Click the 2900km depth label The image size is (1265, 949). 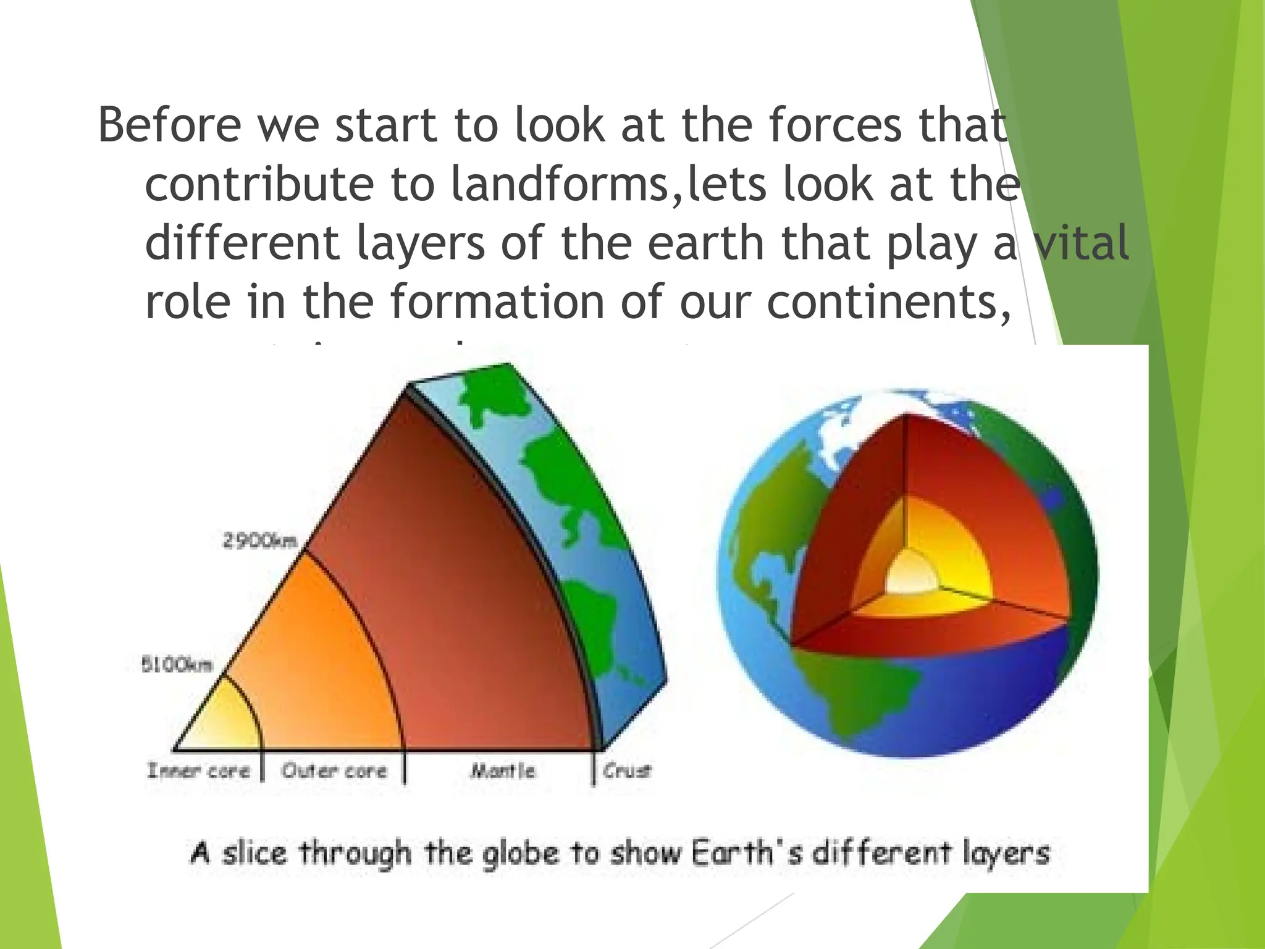(259, 541)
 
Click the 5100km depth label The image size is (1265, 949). (177, 665)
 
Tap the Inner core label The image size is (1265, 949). (198, 770)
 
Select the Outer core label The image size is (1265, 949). (334, 770)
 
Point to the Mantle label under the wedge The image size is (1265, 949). (502, 770)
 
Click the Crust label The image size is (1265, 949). (627, 770)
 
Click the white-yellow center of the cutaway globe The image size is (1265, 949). (911, 575)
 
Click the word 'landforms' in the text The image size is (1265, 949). (560, 184)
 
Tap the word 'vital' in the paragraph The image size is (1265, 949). (1082, 243)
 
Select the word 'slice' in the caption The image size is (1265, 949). (254, 853)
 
